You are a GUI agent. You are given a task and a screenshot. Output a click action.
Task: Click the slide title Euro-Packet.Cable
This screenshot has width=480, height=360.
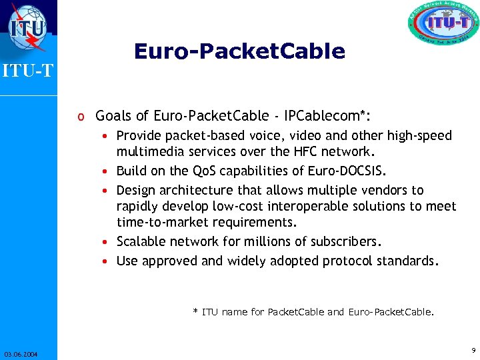click(239, 51)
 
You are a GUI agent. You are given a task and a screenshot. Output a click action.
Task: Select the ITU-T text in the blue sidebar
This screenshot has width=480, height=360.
click(27, 70)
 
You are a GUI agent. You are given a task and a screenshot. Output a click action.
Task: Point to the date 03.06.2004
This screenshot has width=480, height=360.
click(20, 354)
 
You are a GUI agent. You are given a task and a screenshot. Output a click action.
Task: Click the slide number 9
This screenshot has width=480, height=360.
click(473, 350)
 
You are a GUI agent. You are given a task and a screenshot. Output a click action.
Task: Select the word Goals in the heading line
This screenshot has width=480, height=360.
click(115, 116)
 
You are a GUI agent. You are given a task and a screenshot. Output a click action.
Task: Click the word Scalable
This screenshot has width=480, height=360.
click(141, 241)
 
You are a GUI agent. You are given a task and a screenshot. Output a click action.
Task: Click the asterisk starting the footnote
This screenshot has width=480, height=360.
click(195, 311)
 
